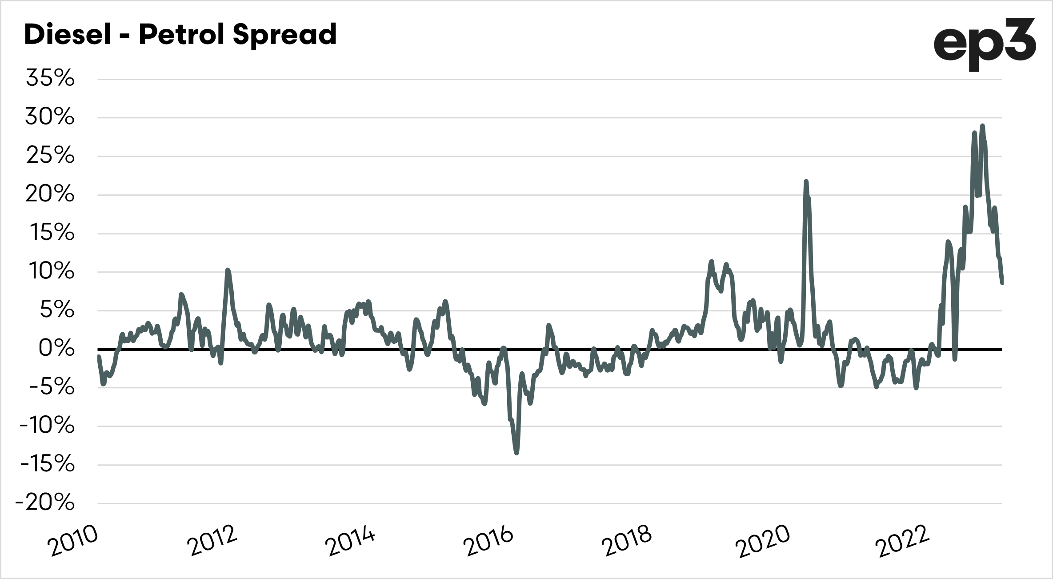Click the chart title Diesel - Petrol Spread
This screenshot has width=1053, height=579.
pyautogui.click(x=180, y=35)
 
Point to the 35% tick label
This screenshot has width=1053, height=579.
pyautogui.click(x=50, y=79)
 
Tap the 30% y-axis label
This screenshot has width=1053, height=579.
pyautogui.click(x=49, y=118)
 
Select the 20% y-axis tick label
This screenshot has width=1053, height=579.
pyautogui.click(x=49, y=195)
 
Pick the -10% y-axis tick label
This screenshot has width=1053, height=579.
pyautogui.click(x=47, y=426)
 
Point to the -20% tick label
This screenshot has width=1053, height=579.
pyautogui.click(x=45, y=503)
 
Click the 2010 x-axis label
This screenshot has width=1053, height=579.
pyautogui.click(x=74, y=540)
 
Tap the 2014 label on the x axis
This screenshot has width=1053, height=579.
pyautogui.click(x=350, y=540)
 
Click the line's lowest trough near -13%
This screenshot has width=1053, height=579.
pyautogui.click(x=516, y=453)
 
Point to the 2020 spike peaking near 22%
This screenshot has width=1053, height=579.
pyautogui.click(x=806, y=181)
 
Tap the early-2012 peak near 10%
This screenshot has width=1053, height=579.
pyautogui.click(x=228, y=270)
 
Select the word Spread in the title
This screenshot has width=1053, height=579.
pyautogui.click(x=284, y=35)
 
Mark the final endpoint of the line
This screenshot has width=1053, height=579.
pyautogui.click(x=1002, y=283)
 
